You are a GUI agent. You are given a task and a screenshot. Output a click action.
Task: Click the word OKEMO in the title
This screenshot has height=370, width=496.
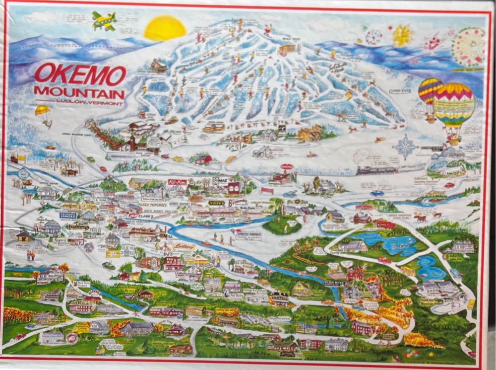[80, 75]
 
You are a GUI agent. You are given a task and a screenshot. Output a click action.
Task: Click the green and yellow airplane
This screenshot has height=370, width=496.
[105, 21]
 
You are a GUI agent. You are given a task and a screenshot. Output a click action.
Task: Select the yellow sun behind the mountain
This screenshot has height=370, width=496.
[165, 28]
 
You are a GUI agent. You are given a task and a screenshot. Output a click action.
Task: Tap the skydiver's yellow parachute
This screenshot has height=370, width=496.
[42, 110]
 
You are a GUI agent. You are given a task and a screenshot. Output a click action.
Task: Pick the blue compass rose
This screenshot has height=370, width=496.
[405, 147]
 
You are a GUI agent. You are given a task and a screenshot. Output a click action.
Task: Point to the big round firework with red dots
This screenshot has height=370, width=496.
[468, 47]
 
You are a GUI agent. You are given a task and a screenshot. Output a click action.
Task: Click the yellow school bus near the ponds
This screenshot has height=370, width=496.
[407, 271]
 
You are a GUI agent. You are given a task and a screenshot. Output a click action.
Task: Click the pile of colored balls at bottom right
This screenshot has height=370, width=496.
[411, 353]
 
